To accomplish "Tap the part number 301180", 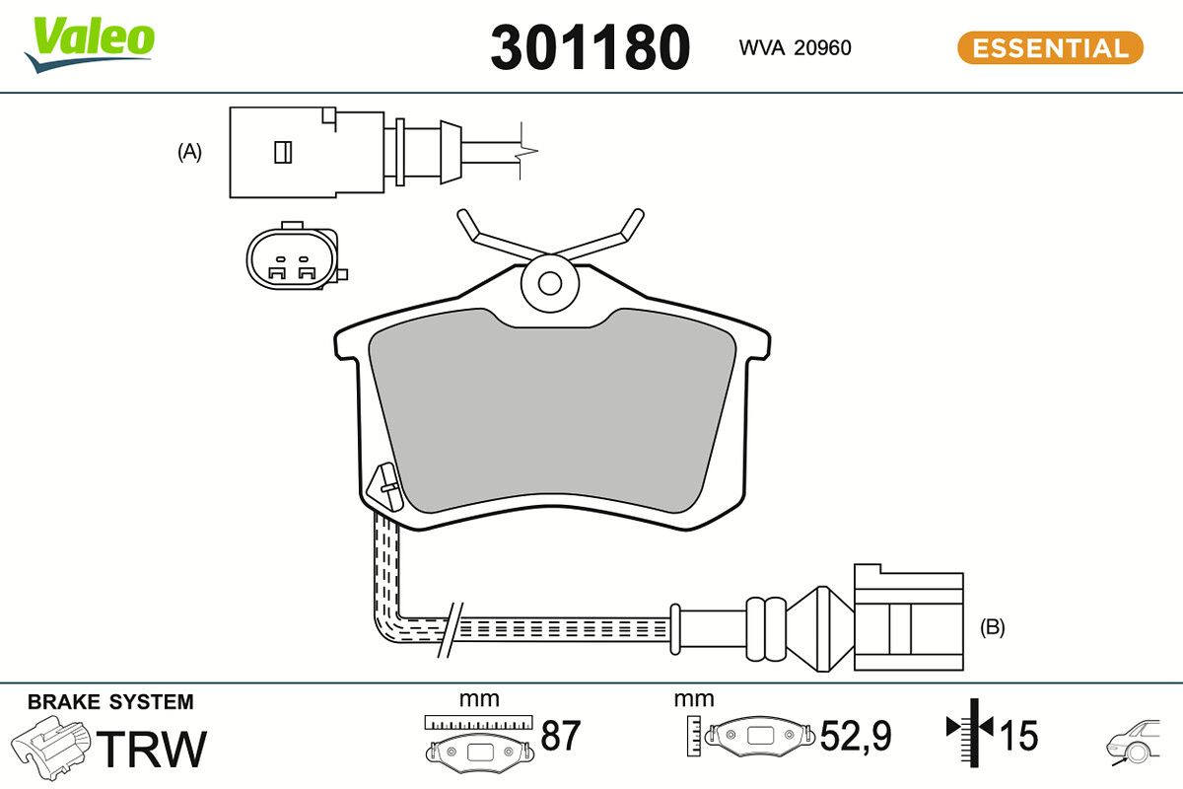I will tap(590, 47).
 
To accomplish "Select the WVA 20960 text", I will tap(795, 47).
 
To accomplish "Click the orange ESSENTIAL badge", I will tap(1050, 47).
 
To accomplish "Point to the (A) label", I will tap(189, 152).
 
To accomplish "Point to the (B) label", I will tap(993, 627).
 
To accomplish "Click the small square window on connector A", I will tap(281, 152).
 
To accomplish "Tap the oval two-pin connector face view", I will tap(292, 259).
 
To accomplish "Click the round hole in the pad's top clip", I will tap(550, 283).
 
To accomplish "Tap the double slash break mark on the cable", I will tap(450, 628).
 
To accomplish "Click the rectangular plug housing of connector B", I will tap(908, 621).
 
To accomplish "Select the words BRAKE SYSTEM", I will tap(110, 702).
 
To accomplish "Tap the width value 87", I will tap(561, 736).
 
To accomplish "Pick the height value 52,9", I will tap(856, 736).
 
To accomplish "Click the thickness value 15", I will tap(1019, 736).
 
